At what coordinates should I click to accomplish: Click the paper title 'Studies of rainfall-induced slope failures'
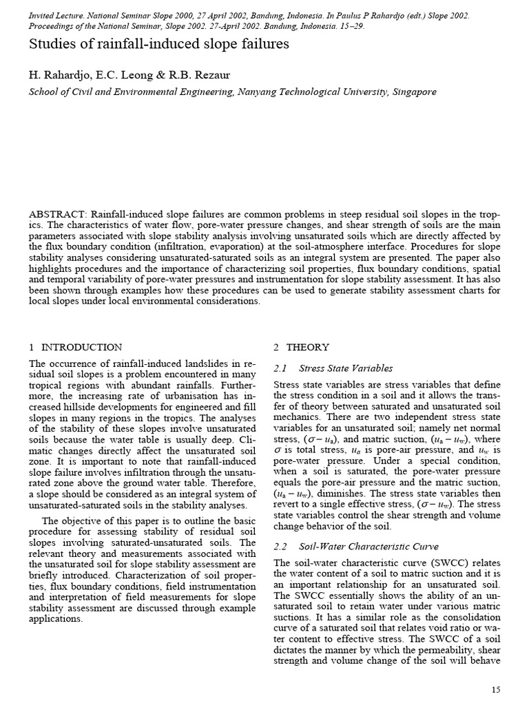tap(159, 45)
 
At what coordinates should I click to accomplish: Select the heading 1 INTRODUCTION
tap(76, 347)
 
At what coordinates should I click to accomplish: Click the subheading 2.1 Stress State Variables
tap(333, 368)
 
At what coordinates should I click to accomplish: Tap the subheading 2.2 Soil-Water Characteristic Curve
tap(356, 547)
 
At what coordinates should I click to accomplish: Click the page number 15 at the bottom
tap(496, 689)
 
